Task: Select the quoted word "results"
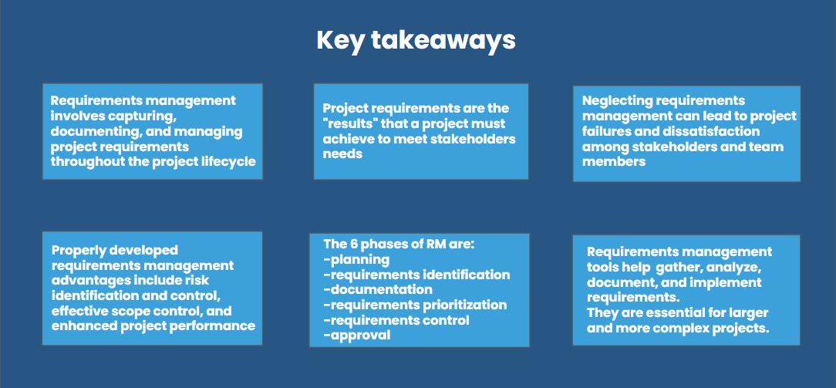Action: [x=348, y=123]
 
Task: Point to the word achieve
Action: [x=346, y=139]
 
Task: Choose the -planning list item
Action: [x=356, y=259]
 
